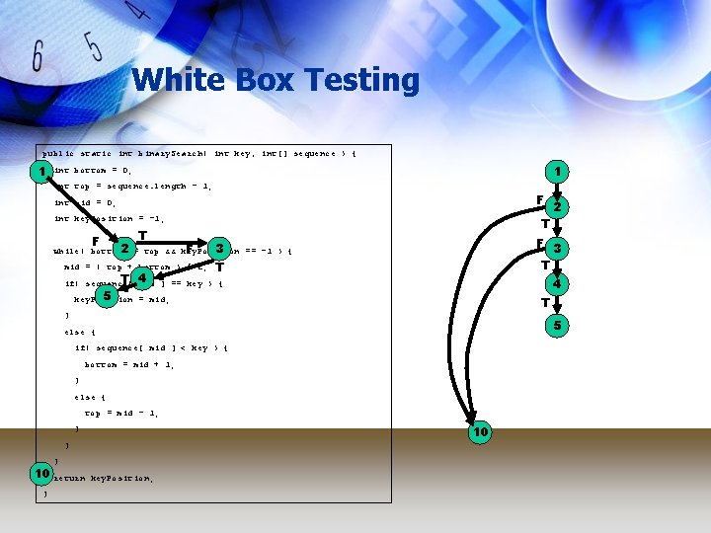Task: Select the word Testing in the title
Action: pyautogui.click(x=365, y=80)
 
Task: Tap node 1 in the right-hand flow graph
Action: pyautogui.click(x=558, y=172)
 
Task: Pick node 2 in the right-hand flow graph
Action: pyautogui.click(x=558, y=207)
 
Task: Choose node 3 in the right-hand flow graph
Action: pyautogui.click(x=558, y=248)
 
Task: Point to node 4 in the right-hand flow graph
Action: pyautogui.click(x=558, y=284)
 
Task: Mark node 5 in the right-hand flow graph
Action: pyautogui.click(x=558, y=325)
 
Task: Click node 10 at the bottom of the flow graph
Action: pyautogui.click(x=479, y=432)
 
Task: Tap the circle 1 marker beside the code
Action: pyautogui.click(x=40, y=172)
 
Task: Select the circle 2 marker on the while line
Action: pyautogui.click(x=125, y=247)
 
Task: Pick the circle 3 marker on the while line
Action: pyautogui.click(x=219, y=247)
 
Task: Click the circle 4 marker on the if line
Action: pyautogui.click(x=142, y=277)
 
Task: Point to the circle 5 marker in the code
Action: pyautogui.click(x=107, y=295)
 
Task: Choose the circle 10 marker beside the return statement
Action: pyautogui.click(x=41, y=475)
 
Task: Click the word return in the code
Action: pyautogui.click(x=70, y=478)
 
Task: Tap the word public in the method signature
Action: pyautogui.click(x=57, y=153)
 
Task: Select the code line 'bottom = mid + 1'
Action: pyautogui.click(x=129, y=364)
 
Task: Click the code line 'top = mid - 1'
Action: pyautogui.click(x=122, y=413)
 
